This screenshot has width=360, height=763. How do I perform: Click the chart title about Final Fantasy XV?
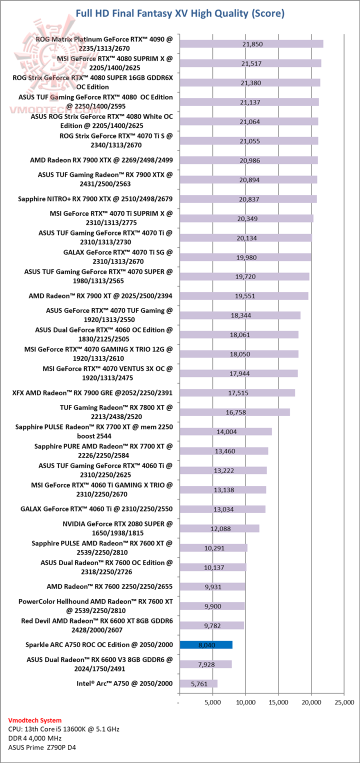pyautogui.click(x=180, y=13)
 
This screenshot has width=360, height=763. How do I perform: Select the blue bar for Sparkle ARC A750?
pyautogui.click(x=205, y=645)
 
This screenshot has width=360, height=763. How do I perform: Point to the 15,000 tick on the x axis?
pyautogui.click(x=278, y=702)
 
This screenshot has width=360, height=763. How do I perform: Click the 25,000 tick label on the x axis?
pyautogui.click(x=343, y=702)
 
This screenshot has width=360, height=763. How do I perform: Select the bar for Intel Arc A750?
pyautogui.click(x=198, y=683)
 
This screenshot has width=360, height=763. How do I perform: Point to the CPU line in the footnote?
pyautogui.click(x=64, y=729)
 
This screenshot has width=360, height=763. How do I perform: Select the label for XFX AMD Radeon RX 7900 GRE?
pyautogui.click(x=92, y=393)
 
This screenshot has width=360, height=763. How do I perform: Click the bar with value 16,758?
pyautogui.click(x=234, y=412)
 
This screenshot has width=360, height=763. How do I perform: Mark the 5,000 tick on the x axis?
pyautogui.click(x=212, y=702)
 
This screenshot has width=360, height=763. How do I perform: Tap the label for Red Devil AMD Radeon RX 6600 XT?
pyautogui.click(x=96, y=625)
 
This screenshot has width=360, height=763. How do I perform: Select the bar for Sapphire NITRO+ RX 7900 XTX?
pyautogui.click(x=247, y=199)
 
